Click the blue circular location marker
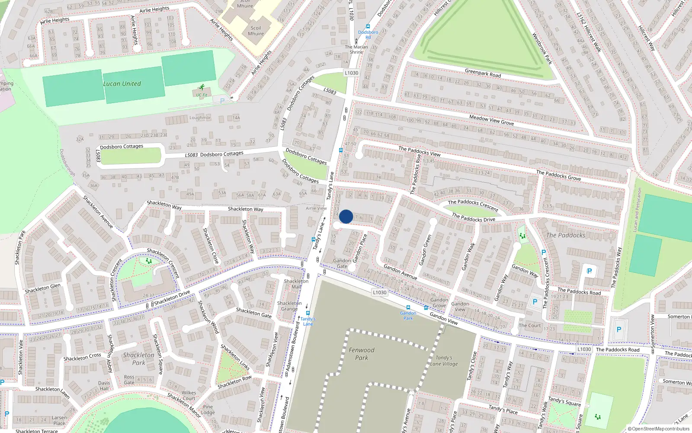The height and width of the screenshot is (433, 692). pyautogui.click(x=346, y=216)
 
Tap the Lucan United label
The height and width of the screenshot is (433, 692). pyautogui.click(x=122, y=84)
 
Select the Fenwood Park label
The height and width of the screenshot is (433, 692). pyautogui.click(x=362, y=354)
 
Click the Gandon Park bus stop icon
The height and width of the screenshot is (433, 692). pyautogui.click(x=408, y=307)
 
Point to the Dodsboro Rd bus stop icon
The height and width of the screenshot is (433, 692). pyautogui.click(x=368, y=26)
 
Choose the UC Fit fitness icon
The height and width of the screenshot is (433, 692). pyautogui.click(x=202, y=88)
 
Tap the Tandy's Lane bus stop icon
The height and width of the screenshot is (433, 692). pyautogui.click(x=308, y=313)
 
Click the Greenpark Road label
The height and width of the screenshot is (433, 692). pyautogui.click(x=483, y=73)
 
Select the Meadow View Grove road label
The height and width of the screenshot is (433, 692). pyautogui.click(x=491, y=120)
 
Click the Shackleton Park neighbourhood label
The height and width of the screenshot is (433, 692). pyautogui.click(x=138, y=359)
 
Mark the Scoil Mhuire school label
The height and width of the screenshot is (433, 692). pyautogui.click(x=256, y=31)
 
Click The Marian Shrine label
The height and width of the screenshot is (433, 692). pyautogui.click(x=356, y=49)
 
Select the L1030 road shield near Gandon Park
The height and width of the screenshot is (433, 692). pyautogui.click(x=379, y=292)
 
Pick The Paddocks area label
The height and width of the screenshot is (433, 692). pyautogui.click(x=566, y=235)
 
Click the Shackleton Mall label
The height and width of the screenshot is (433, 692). pyautogui.click(x=296, y=284)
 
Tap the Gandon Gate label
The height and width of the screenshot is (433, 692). pyautogui.click(x=342, y=263)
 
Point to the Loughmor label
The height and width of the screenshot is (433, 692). pyautogui.click(x=200, y=117)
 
